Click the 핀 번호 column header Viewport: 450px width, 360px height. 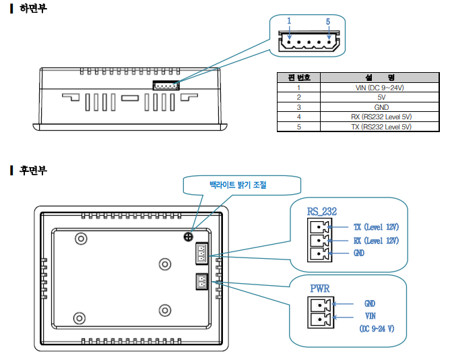(x=299, y=78)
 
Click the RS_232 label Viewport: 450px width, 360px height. (x=321, y=212)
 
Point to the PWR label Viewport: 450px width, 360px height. (x=320, y=289)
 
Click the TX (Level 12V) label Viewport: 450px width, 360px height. (x=376, y=227)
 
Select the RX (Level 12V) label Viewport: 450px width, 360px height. (x=376, y=240)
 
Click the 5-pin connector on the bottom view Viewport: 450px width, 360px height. (x=165, y=85)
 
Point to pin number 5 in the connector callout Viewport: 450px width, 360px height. (x=328, y=22)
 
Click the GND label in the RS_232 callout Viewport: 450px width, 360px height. (x=359, y=253)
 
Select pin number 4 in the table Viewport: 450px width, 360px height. (x=299, y=117)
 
